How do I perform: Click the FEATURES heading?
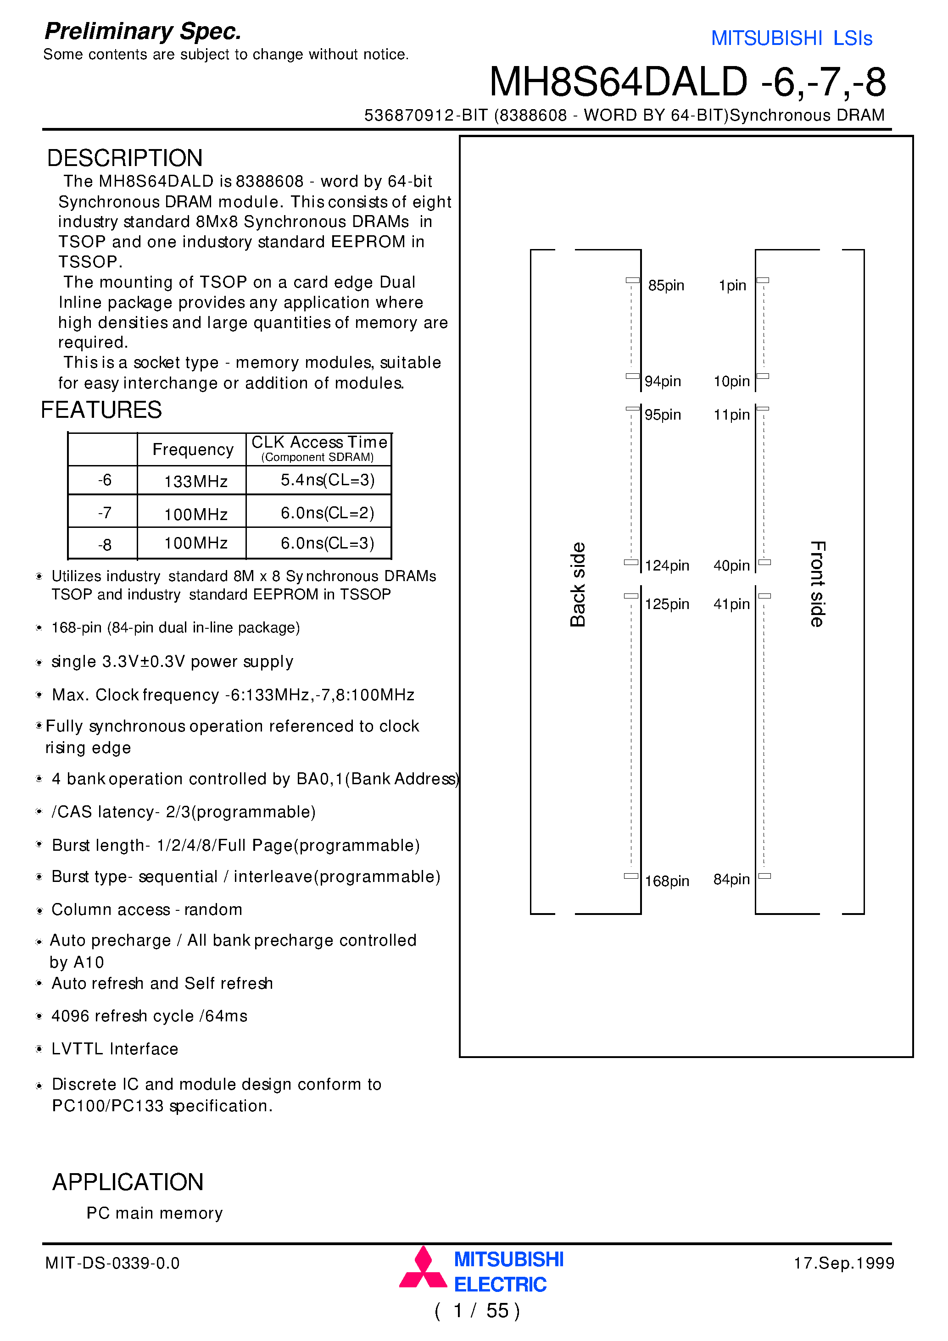(x=100, y=410)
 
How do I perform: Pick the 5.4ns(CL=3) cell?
(x=327, y=480)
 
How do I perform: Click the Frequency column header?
(x=193, y=449)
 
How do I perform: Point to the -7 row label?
(x=104, y=513)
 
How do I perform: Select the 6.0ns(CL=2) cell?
(x=327, y=513)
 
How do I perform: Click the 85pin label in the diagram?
(x=666, y=286)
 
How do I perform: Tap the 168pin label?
(x=666, y=881)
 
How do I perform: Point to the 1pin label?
(x=732, y=286)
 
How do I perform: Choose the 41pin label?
(x=731, y=604)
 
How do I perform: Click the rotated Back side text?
(x=577, y=584)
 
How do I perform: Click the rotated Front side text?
(x=817, y=584)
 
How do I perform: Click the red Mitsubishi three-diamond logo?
(x=423, y=1268)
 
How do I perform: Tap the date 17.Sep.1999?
(x=843, y=1263)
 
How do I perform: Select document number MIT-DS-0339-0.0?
(x=112, y=1263)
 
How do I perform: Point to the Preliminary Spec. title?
(x=143, y=32)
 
